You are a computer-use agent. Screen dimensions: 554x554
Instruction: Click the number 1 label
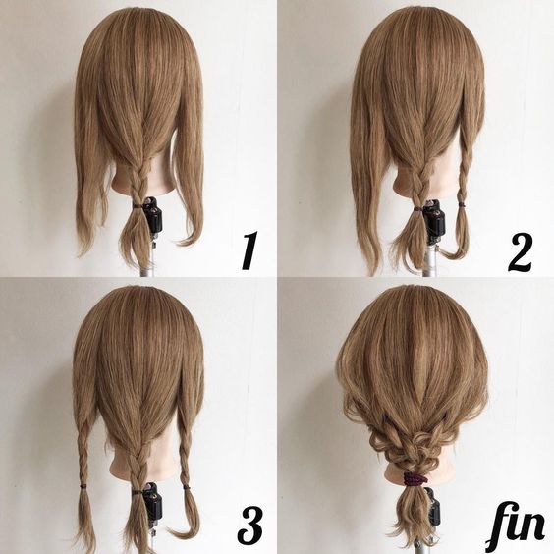click(x=249, y=250)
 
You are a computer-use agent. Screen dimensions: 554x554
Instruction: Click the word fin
click(x=515, y=530)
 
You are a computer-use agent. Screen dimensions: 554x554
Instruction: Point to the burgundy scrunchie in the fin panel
click(x=415, y=479)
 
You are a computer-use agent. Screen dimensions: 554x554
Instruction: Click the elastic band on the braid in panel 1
click(x=138, y=205)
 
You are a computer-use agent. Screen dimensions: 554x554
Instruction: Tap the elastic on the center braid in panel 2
click(x=418, y=210)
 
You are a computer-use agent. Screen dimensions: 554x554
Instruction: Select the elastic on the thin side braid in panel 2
click(x=462, y=204)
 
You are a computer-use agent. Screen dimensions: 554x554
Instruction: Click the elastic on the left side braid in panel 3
click(x=83, y=486)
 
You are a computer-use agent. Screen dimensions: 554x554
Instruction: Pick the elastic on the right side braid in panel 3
click(x=187, y=488)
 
